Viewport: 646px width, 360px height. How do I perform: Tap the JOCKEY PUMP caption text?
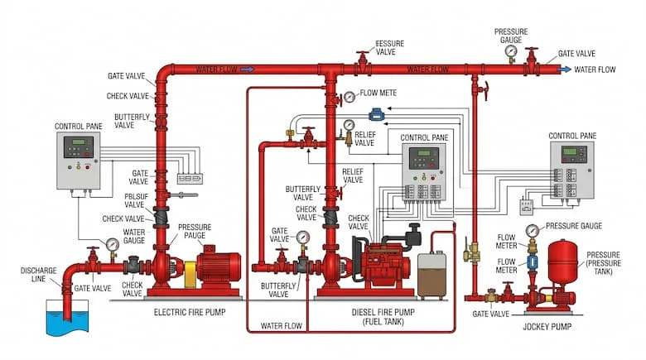(x=548, y=326)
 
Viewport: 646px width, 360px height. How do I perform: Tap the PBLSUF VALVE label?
(x=135, y=201)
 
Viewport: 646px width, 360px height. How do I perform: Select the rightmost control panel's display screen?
(x=574, y=153)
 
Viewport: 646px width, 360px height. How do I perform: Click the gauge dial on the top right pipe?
(x=511, y=51)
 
